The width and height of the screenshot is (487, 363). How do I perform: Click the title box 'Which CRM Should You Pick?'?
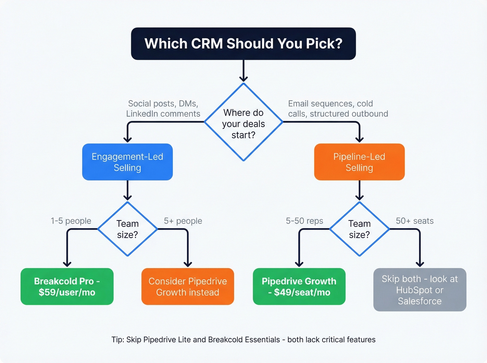coord(243,44)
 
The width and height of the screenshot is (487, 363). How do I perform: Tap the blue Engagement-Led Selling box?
coord(127,162)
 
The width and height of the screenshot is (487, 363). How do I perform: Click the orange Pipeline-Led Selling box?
coord(359,162)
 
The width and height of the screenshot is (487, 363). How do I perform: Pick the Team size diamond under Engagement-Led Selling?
coord(127,229)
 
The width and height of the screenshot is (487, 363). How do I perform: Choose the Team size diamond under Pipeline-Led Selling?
coord(359,229)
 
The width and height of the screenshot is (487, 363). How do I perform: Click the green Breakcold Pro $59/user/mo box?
coord(67,287)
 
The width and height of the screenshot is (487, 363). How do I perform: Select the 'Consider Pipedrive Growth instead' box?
coord(187,287)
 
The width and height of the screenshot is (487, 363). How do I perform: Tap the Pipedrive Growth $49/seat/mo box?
coord(299,287)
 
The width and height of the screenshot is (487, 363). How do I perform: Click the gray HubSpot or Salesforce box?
coord(420,290)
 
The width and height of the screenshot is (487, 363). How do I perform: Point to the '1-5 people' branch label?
coord(71,221)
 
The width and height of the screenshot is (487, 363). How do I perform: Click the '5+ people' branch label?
coord(183,221)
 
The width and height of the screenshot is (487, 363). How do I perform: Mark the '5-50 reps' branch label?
coord(304,221)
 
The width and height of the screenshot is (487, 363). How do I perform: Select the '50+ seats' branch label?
coord(415,221)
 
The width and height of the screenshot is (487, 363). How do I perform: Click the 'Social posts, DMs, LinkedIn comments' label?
coord(163,109)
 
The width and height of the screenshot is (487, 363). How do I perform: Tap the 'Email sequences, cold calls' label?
coord(338,109)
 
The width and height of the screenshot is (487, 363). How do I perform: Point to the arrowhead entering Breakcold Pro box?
coord(67,264)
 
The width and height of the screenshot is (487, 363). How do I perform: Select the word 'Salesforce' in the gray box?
coord(420,301)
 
